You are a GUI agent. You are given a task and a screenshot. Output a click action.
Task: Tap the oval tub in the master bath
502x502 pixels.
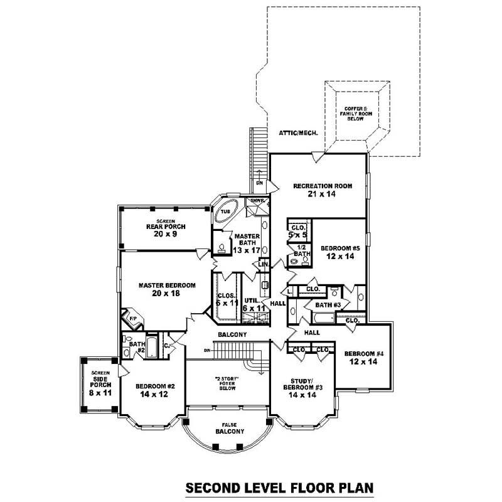225,212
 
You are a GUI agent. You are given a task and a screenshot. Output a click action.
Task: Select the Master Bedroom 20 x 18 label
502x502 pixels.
167,289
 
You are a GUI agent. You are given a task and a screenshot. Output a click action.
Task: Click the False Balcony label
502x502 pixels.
225,428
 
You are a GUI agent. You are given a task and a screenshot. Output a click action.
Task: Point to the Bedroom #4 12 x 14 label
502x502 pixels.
363,357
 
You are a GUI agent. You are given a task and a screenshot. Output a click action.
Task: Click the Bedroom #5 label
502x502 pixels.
338,251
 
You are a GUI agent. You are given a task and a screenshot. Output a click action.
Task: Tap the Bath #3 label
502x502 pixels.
327,305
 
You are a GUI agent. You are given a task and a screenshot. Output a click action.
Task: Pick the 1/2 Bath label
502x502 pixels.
301,250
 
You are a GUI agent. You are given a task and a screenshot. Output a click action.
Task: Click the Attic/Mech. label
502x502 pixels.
298,134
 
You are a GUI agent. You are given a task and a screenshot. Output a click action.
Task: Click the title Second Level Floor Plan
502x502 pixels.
279,486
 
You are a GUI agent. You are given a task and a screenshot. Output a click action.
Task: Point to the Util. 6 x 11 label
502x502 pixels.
254,304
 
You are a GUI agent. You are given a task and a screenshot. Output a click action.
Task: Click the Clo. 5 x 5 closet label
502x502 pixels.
299,231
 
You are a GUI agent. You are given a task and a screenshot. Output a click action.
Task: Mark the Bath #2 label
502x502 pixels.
135,347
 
